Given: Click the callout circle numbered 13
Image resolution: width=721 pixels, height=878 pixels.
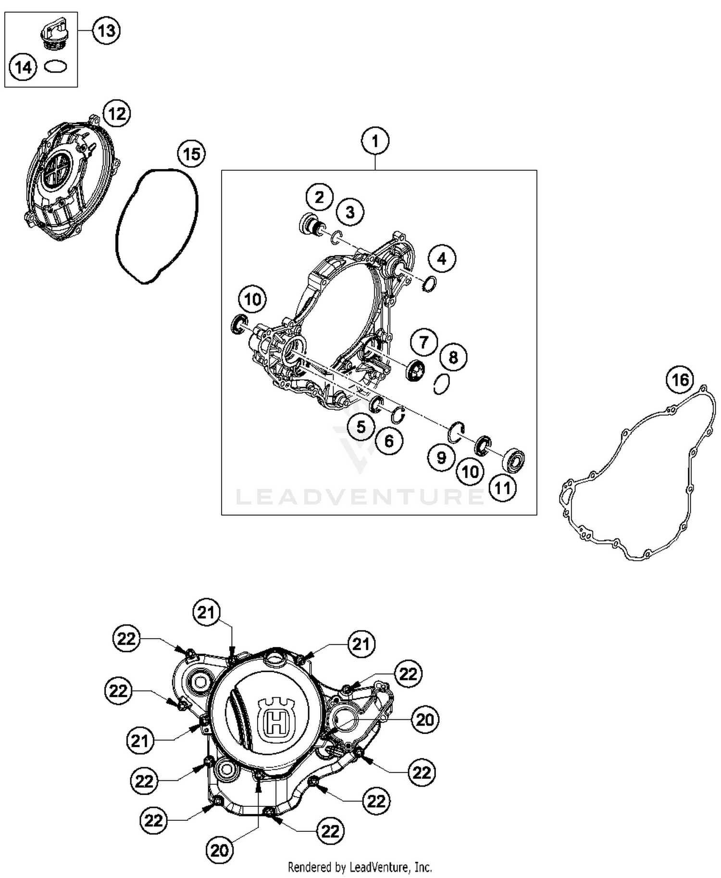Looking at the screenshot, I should (x=106, y=31).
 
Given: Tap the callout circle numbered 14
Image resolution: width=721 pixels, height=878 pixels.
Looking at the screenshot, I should (x=23, y=67).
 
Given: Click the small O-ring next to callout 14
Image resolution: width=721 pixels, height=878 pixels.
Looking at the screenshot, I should (x=55, y=66).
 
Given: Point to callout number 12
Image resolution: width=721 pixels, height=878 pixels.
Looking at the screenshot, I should (x=117, y=114).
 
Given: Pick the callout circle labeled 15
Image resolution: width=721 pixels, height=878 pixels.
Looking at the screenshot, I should (x=191, y=154).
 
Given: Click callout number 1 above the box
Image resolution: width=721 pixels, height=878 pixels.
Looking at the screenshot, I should (x=375, y=141).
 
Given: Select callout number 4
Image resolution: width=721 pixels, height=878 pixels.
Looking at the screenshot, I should (x=442, y=259).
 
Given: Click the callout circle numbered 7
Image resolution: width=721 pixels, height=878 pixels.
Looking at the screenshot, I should (x=423, y=342).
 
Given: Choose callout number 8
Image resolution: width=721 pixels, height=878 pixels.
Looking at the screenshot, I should (x=453, y=357).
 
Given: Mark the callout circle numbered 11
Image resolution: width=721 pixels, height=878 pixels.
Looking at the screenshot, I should (x=503, y=488).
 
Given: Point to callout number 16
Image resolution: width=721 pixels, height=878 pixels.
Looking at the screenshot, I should (x=680, y=380).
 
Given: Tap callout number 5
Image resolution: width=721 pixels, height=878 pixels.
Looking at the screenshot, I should (x=361, y=426).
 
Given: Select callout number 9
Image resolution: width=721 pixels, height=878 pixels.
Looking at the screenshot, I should (x=441, y=457).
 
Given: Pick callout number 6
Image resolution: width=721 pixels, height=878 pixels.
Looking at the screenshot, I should (x=389, y=440).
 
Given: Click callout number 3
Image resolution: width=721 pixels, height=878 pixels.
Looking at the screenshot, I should (x=350, y=212).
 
